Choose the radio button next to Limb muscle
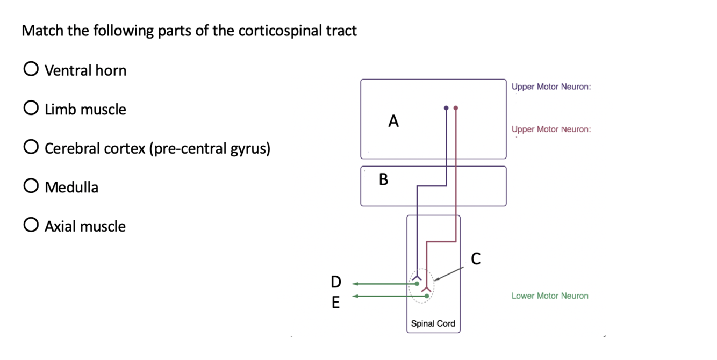tap(31, 109)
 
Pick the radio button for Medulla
tap(31, 186)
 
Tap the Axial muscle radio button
tap(31, 225)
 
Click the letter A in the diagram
tap(393, 121)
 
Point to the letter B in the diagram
tap(383, 179)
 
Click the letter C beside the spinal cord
tap(475, 259)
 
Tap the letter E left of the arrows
tap(336, 303)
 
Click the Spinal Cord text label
tap(433, 323)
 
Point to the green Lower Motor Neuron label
tap(550, 296)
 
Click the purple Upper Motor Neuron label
tap(551, 87)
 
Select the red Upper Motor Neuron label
tap(551, 129)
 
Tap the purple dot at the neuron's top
tap(446, 108)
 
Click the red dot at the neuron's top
tap(456, 108)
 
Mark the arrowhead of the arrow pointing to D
tap(355, 284)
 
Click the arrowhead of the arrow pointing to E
tap(355, 296)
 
